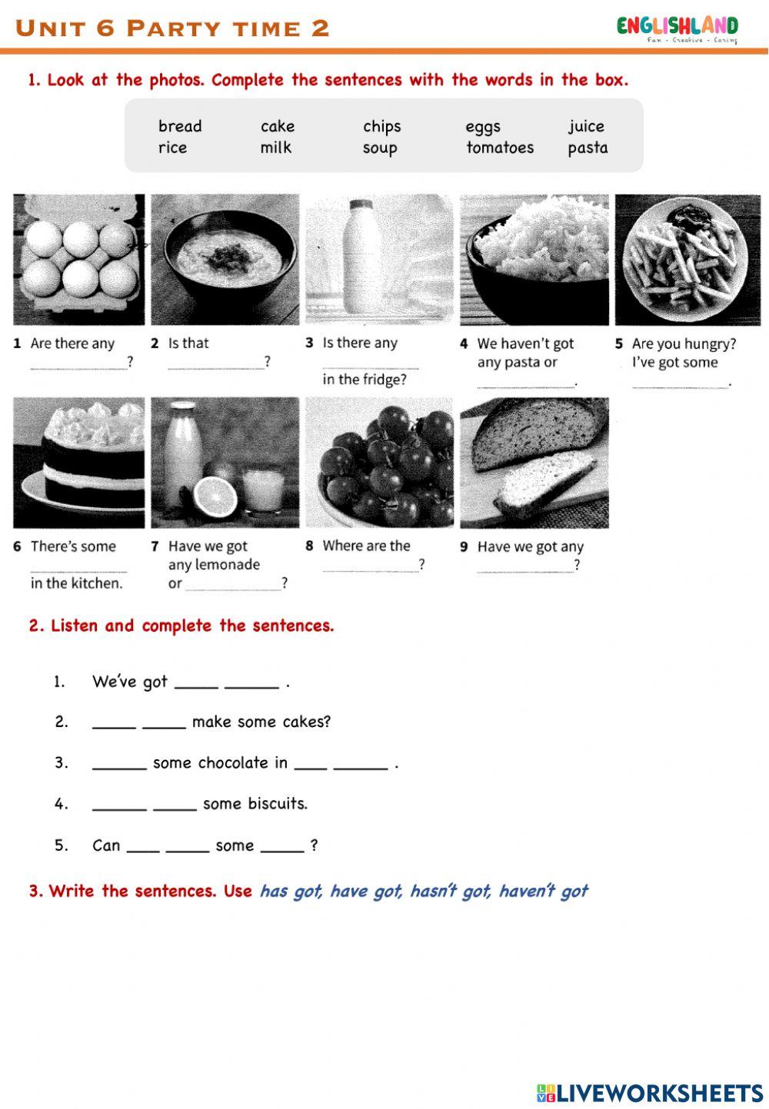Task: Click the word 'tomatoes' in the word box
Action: (x=499, y=148)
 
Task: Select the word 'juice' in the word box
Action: (x=586, y=127)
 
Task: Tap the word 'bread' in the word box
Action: (x=180, y=127)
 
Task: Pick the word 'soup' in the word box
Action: (x=380, y=148)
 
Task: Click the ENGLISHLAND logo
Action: (x=677, y=28)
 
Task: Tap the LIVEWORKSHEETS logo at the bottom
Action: (x=649, y=1093)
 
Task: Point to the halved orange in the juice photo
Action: (x=213, y=497)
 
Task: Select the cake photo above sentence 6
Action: (x=79, y=462)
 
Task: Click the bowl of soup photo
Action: (x=225, y=258)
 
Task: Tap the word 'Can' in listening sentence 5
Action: (x=106, y=845)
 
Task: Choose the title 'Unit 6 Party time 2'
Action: (x=173, y=28)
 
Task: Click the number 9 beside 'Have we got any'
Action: (x=464, y=547)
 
